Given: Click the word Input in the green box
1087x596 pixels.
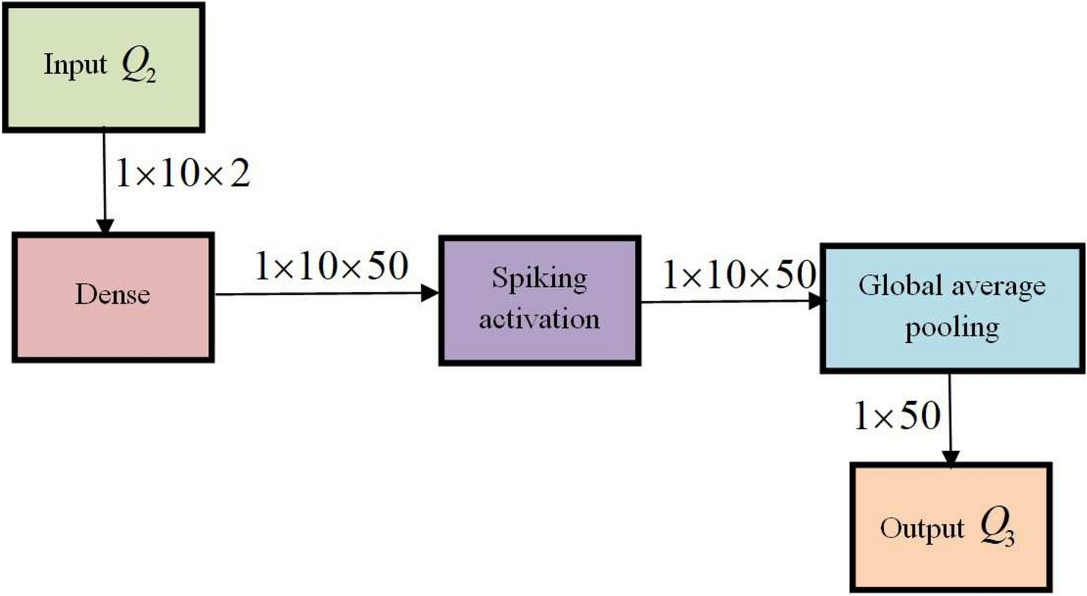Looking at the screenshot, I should coord(75,65).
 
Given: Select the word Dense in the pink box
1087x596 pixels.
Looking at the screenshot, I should coord(112,294).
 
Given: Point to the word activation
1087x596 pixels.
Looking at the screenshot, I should coord(540,319).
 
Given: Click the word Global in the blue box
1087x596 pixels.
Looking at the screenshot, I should coord(900,286).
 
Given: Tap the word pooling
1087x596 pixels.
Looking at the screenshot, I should coord(951,328).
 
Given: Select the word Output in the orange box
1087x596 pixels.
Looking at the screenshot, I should coord(922,529).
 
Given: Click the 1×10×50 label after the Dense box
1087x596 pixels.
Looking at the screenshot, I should coord(331,266).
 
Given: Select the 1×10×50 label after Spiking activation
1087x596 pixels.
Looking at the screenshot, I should coord(739,275).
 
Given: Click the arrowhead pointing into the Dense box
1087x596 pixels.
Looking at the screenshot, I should coord(104,225).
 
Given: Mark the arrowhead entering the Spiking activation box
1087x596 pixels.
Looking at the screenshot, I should coord(431,293).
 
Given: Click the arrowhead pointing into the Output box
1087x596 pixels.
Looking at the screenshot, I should coord(950,457).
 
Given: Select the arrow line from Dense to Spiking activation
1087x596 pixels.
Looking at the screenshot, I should coord(319,294).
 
